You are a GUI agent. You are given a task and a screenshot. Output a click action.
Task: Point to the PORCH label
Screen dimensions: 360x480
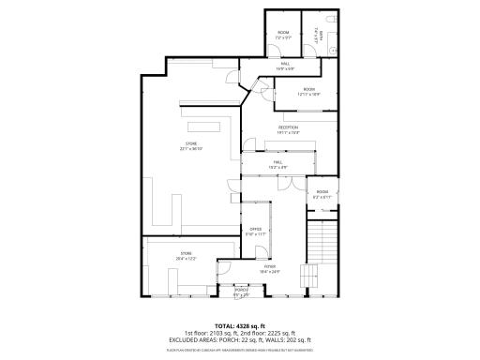click(x=241, y=293)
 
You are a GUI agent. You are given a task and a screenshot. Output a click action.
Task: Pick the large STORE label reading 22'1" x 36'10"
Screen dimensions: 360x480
click(x=191, y=145)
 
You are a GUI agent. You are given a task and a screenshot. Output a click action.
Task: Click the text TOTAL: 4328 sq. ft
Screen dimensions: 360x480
click(x=240, y=325)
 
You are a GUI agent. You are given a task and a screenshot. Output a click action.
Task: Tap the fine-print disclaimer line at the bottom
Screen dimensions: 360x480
click(x=240, y=348)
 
